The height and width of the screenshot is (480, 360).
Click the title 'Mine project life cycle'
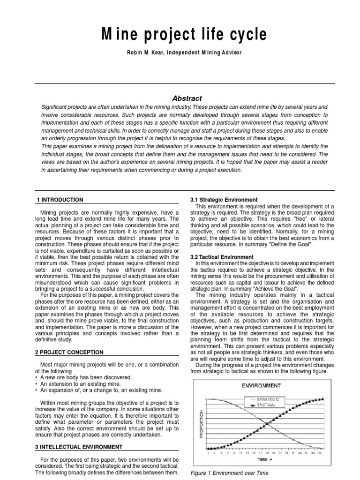click(x=180, y=34)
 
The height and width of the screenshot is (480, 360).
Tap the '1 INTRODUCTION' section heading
click(x=60, y=200)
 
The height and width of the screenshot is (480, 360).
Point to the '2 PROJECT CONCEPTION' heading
click(x=69, y=352)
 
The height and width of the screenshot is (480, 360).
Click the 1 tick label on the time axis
click(x=208, y=453)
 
